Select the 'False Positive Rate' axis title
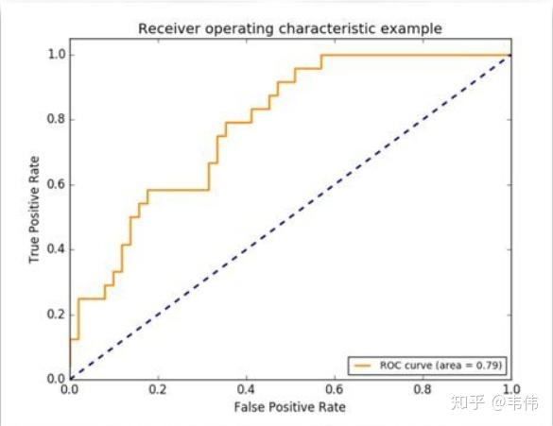click(x=289, y=407)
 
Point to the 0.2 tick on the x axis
click(x=158, y=388)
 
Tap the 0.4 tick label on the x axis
click(x=246, y=388)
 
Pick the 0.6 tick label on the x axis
click(x=335, y=388)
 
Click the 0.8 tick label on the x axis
click(x=423, y=388)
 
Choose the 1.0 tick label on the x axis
click(x=510, y=388)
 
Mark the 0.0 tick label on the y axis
click(x=55, y=379)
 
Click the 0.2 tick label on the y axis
click(x=55, y=314)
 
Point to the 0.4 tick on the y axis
click(x=55, y=249)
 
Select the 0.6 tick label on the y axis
click(x=55, y=184)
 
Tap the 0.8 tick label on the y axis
click(x=55, y=119)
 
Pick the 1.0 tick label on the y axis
click(x=55, y=54)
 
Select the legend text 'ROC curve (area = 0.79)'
click(x=440, y=364)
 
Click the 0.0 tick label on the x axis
click(x=69, y=388)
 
